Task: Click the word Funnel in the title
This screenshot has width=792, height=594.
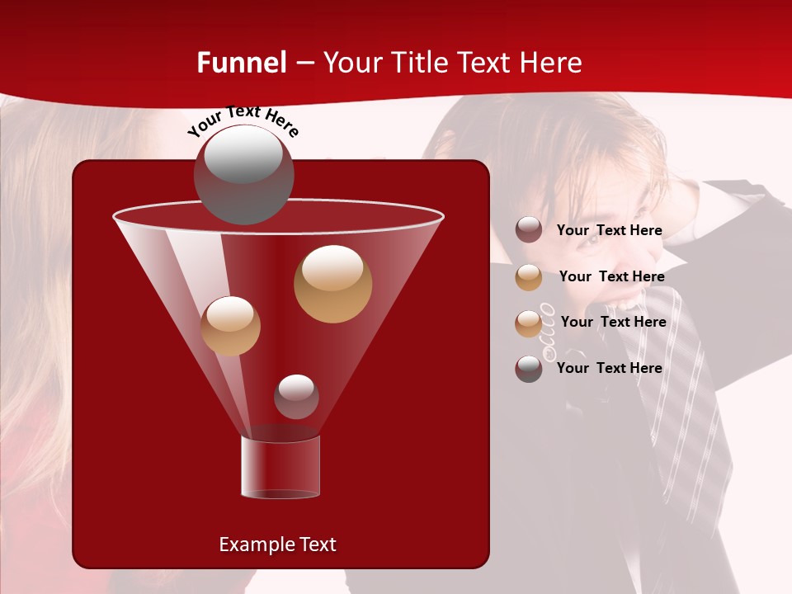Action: tap(241, 63)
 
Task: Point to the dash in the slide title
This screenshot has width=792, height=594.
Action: tap(304, 63)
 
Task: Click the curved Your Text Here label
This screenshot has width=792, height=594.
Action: tap(243, 120)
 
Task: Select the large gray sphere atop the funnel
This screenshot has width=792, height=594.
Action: tap(243, 174)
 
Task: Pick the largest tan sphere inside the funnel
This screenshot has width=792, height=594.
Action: tap(332, 283)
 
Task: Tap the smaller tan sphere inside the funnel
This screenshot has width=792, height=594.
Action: tap(230, 326)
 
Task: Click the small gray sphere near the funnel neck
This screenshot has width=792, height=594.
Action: tap(296, 397)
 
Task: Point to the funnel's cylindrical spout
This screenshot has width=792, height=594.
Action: tap(280, 467)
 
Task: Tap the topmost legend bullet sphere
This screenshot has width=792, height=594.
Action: tap(529, 230)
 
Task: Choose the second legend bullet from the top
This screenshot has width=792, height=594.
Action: tap(529, 277)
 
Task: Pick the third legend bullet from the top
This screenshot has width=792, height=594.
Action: tap(529, 323)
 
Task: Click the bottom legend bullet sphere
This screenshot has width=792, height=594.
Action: tap(529, 369)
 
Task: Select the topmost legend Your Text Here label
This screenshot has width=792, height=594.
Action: tap(609, 230)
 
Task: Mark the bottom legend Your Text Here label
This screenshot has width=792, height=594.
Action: tap(609, 368)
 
